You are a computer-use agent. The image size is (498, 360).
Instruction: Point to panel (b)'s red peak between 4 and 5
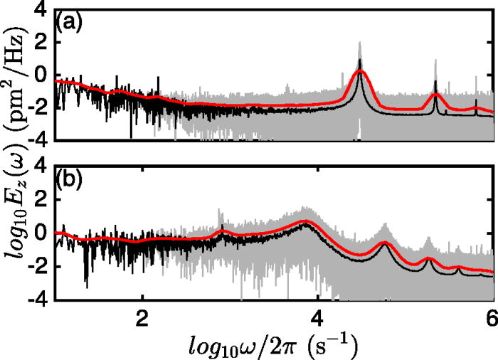pos(385,244)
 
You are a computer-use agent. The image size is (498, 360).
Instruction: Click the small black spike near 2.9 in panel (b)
pos(222,229)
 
